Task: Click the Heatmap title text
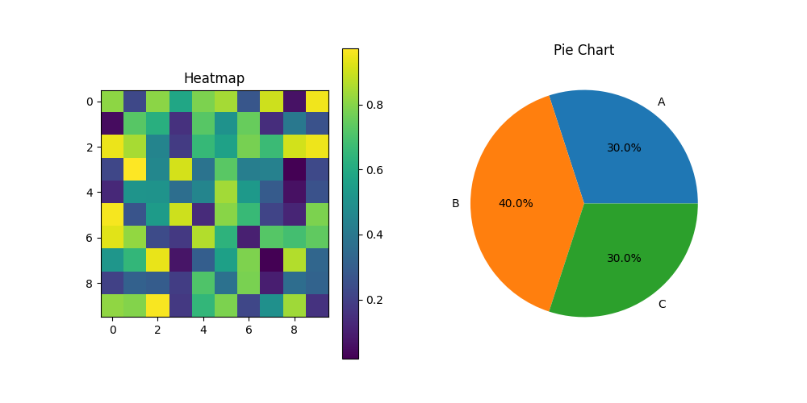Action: coord(214,78)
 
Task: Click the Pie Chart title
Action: coord(583,50)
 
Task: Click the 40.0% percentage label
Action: coord(516,204)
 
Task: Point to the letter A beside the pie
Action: coord(661,102)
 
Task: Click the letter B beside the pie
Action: coord(455,204)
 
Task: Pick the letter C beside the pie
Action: coord(662,305)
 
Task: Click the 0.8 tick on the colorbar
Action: coord(374,105)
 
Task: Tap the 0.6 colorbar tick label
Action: coord(374,170)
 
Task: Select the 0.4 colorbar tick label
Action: coord(374,235)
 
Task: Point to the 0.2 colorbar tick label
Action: coord(374,300)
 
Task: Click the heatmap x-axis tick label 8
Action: coord(295,330)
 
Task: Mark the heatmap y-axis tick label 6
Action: coord(89,239)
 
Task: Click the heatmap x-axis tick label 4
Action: coord(203,330)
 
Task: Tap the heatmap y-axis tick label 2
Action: coord(89,147)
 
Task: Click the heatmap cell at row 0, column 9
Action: coord(317,102)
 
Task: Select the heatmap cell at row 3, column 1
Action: coord(135,170)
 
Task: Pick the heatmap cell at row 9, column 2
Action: coord(158,306)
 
